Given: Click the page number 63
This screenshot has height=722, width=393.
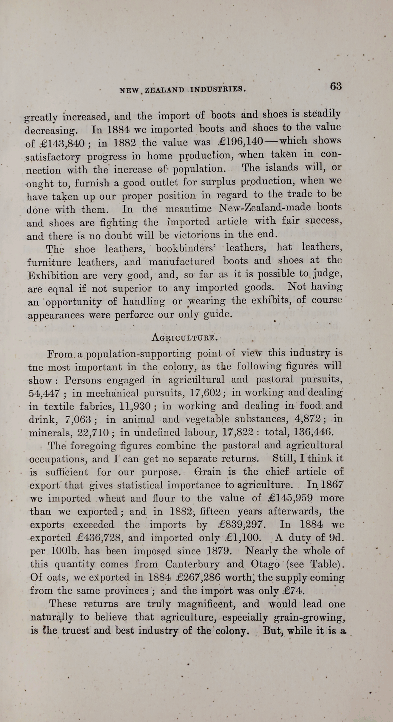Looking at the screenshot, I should tap(335, 86).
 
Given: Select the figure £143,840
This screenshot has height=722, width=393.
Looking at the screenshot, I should tap(63, 144).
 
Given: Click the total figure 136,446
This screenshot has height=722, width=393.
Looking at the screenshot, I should tap(318, 432).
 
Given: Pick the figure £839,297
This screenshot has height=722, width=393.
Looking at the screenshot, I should tap(241, 525).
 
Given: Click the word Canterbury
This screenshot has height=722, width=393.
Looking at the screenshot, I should tap(192, 564).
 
